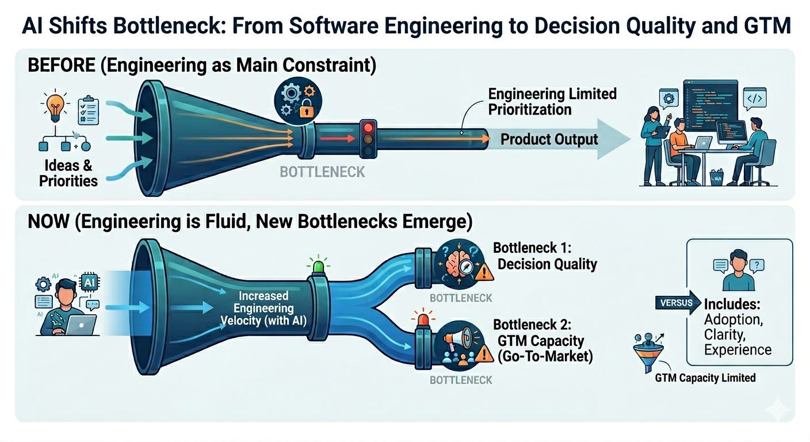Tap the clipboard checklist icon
point(88,110)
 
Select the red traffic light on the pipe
point(369,128)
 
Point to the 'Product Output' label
point(549,139)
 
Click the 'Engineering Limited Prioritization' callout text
point(552,102)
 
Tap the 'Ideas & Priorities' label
point(68,173)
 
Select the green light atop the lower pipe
point(318,266)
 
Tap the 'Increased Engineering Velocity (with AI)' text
point(263,308)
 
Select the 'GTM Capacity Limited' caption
point(705,378)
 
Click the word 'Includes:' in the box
point(732,304)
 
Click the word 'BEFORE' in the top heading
point(62,66)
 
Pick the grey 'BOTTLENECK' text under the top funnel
point(322,172)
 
